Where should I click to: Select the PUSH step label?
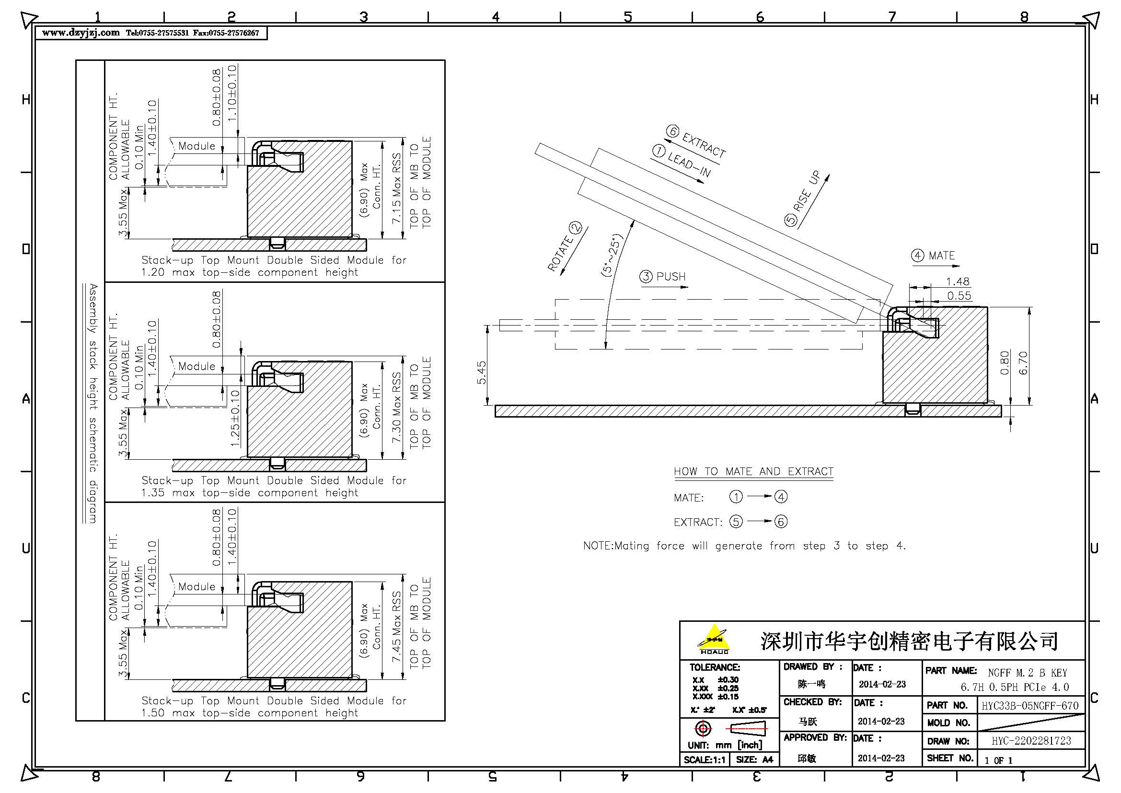[671, 276]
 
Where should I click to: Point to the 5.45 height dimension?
[481, 373]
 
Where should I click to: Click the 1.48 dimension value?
[958, 282]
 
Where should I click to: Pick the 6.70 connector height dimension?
[1023, 363]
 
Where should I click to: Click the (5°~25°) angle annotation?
[612, 256]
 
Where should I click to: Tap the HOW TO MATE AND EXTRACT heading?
[753, 471]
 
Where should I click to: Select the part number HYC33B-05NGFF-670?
[1030, 705]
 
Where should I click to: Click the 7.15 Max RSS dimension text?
[397, 188]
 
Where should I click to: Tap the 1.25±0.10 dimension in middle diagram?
[235, 419]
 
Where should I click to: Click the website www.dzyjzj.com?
[81, 33]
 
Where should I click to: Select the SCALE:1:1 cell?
[705, 759]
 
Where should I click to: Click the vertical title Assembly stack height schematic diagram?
[93, 403]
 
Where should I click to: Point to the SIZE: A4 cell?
[754, 759]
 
